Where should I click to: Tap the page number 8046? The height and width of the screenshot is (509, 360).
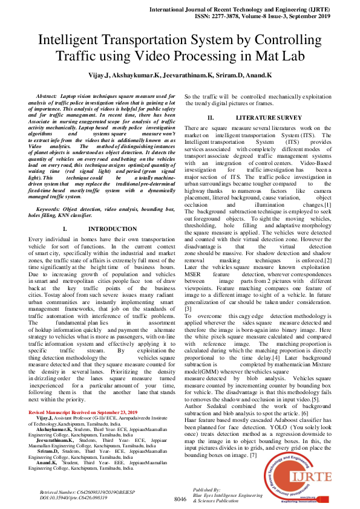(180, 499)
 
